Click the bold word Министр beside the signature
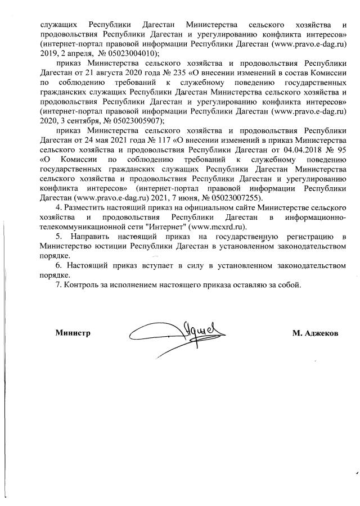(73, 333)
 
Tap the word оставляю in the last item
(252, 284)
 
